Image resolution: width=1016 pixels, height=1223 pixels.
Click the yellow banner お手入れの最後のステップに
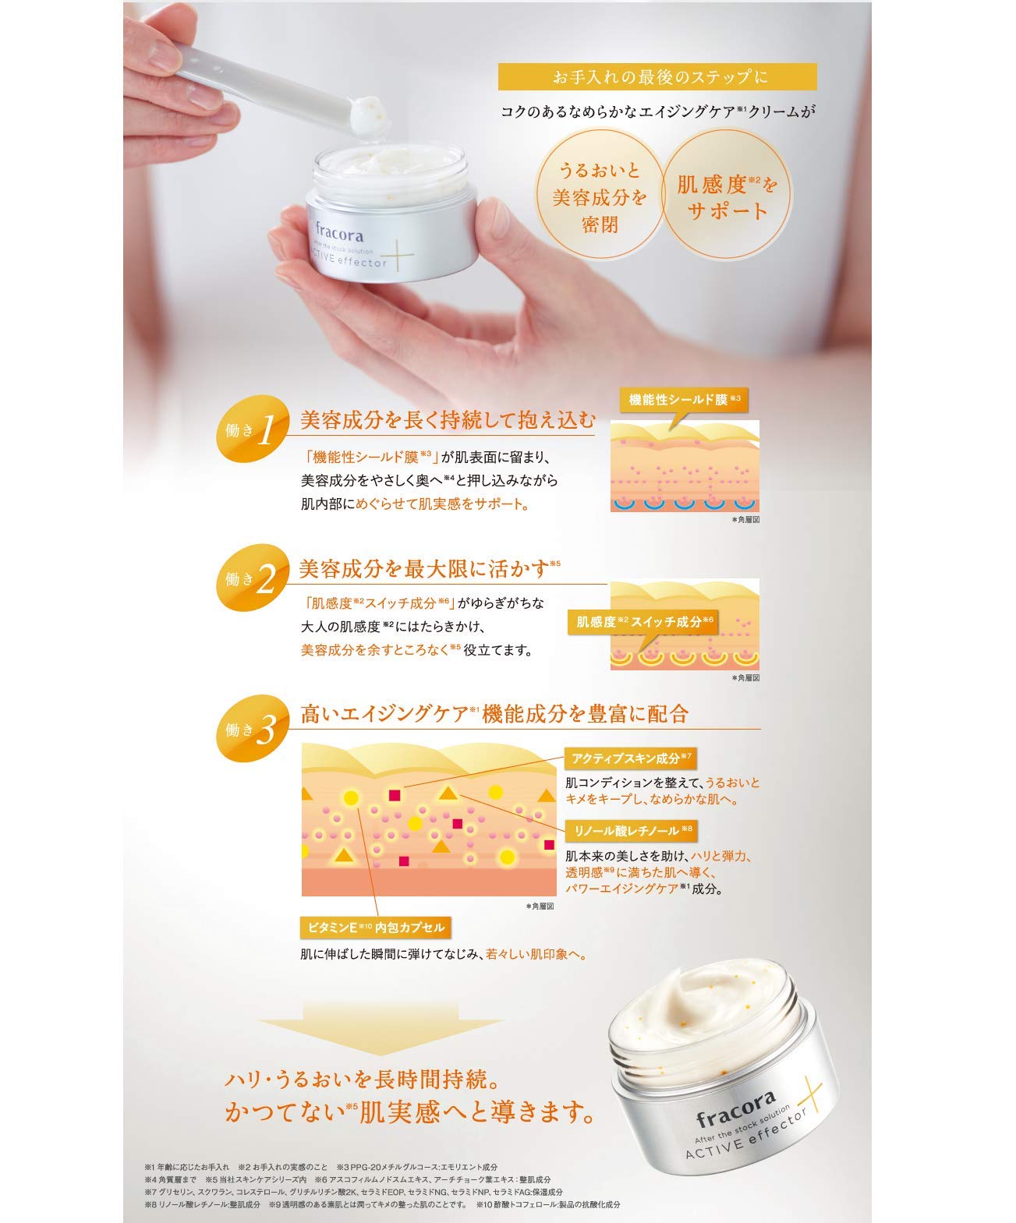pyautogui.click(x=657, y=77)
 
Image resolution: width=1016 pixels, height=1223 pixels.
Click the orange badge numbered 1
pyautogui.click(x=250, y=429)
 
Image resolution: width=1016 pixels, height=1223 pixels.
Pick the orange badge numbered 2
pyautogui.click(x=250, y=578)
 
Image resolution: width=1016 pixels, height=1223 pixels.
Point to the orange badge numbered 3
pyautogui.click(x=250, y=730)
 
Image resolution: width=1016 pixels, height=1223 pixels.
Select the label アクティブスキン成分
pyautogui.click(x=631, y=758)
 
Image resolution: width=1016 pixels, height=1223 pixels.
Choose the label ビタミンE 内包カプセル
pyautogui.click(x=376, y=928)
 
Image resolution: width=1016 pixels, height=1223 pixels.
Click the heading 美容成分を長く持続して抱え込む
pyautogui.click(x=448, y=421)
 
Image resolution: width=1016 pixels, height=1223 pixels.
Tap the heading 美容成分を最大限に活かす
pyautogui.click(x=425, y=569)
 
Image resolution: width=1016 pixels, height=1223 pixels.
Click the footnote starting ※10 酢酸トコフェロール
pyautogui.click(x=548, y=1204)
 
